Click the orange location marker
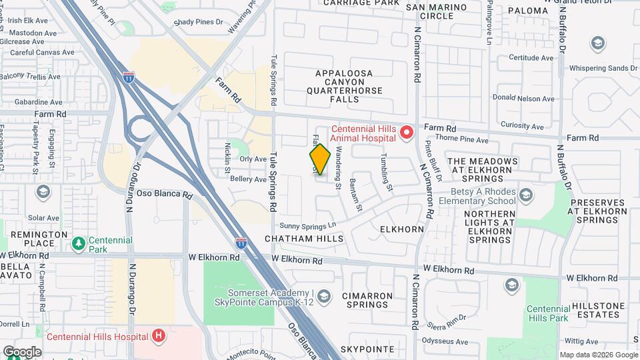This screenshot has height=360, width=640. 320,159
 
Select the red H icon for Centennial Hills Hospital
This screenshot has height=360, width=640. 158,335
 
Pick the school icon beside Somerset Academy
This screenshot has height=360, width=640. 324,296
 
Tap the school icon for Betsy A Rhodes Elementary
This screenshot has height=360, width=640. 526,195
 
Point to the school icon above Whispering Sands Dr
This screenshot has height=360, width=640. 598,44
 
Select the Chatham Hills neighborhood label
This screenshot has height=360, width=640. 303,238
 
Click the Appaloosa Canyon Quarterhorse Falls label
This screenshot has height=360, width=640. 345,85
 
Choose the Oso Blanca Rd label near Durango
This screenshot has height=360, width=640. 164,194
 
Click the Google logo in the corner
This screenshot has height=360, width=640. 22,352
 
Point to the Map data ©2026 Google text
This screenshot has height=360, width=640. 597,355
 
